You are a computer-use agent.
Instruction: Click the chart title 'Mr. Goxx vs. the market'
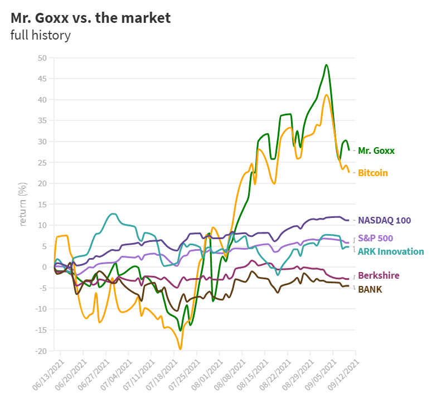[90, 18]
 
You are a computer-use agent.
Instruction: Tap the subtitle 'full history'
[41, 36]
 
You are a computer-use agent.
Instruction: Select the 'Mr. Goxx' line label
[376, 150]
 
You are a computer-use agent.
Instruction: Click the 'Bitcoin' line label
[373, 173]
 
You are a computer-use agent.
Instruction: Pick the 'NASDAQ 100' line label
[384, 220]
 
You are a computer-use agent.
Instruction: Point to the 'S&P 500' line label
[375, 239]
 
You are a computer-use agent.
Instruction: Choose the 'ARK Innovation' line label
[390, 251]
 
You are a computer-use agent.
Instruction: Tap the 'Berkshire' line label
[378, 275]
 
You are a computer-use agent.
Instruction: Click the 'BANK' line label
[370, 289]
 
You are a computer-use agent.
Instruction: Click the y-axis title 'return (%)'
[23, 204]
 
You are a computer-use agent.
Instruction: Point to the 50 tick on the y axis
[42, 58]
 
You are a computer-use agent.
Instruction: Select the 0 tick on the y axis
[45, 267]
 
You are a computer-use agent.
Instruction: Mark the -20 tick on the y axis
[41, 351]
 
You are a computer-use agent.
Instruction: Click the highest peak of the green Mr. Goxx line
[326, 65]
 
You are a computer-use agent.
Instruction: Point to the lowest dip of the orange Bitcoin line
[180, 349]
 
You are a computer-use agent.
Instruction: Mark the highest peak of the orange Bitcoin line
[326, 95]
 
